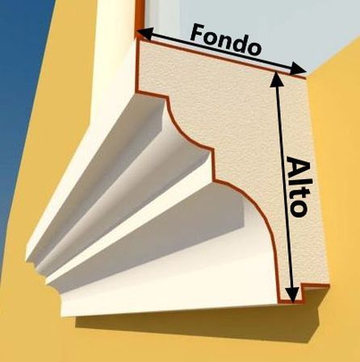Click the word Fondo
coord(225,40)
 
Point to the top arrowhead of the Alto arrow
coord(276,79)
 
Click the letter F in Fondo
coord(199,32)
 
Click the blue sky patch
coord(16,107)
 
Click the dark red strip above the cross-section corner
coord(140,16)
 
